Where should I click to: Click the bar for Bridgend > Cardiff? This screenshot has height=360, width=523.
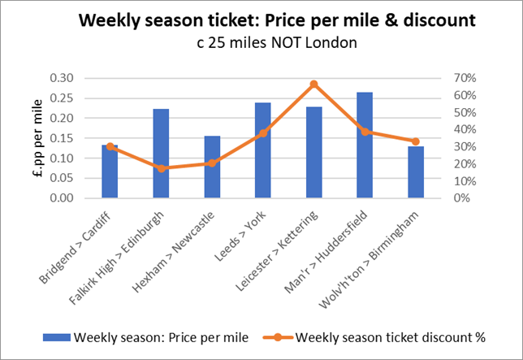110,171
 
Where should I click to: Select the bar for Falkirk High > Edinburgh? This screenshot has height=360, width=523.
161,154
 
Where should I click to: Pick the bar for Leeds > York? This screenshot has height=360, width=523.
262,150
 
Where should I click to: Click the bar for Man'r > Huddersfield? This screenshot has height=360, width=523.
365,145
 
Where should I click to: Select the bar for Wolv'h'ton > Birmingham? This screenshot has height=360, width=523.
416,172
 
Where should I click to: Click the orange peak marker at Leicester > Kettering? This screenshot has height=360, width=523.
313,84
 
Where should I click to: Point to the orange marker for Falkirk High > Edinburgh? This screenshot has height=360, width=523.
161,168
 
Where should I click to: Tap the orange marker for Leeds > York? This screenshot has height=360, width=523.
262,133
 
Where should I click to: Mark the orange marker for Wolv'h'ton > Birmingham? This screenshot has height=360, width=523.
416,141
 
